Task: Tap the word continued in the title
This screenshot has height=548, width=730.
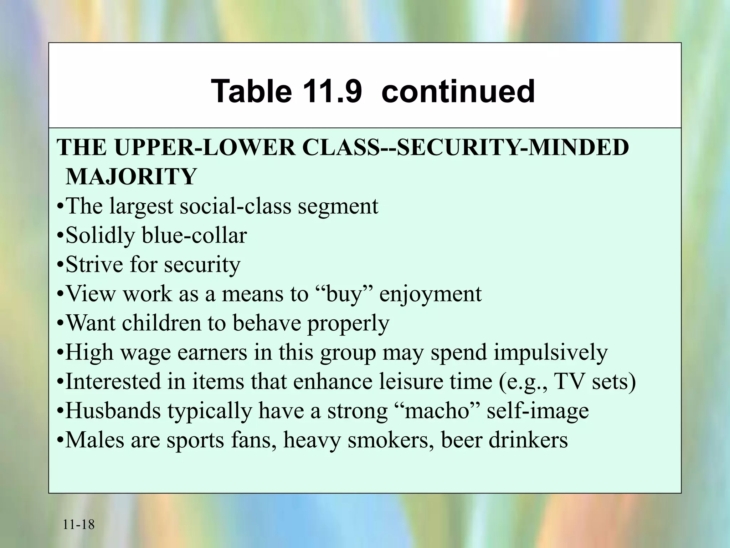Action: click(x=458, y=91)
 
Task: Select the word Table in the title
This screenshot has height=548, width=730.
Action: click(x=251, y=91)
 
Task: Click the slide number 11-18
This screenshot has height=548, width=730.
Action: click(x=79, y=525)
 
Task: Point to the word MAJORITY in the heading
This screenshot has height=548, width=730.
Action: click(x=131, y=177)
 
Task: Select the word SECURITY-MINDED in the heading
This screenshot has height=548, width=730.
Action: click(x=513, y=147)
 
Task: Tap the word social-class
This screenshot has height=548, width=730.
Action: click(x=235, y=206)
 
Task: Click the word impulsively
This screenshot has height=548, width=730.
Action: click(x=550, y=352)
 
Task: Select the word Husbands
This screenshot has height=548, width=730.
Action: click(x=113, y=411)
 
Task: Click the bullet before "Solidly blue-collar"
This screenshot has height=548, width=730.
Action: click(x=61, y=236)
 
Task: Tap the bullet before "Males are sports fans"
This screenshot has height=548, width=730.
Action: click(x=61, y=441)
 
